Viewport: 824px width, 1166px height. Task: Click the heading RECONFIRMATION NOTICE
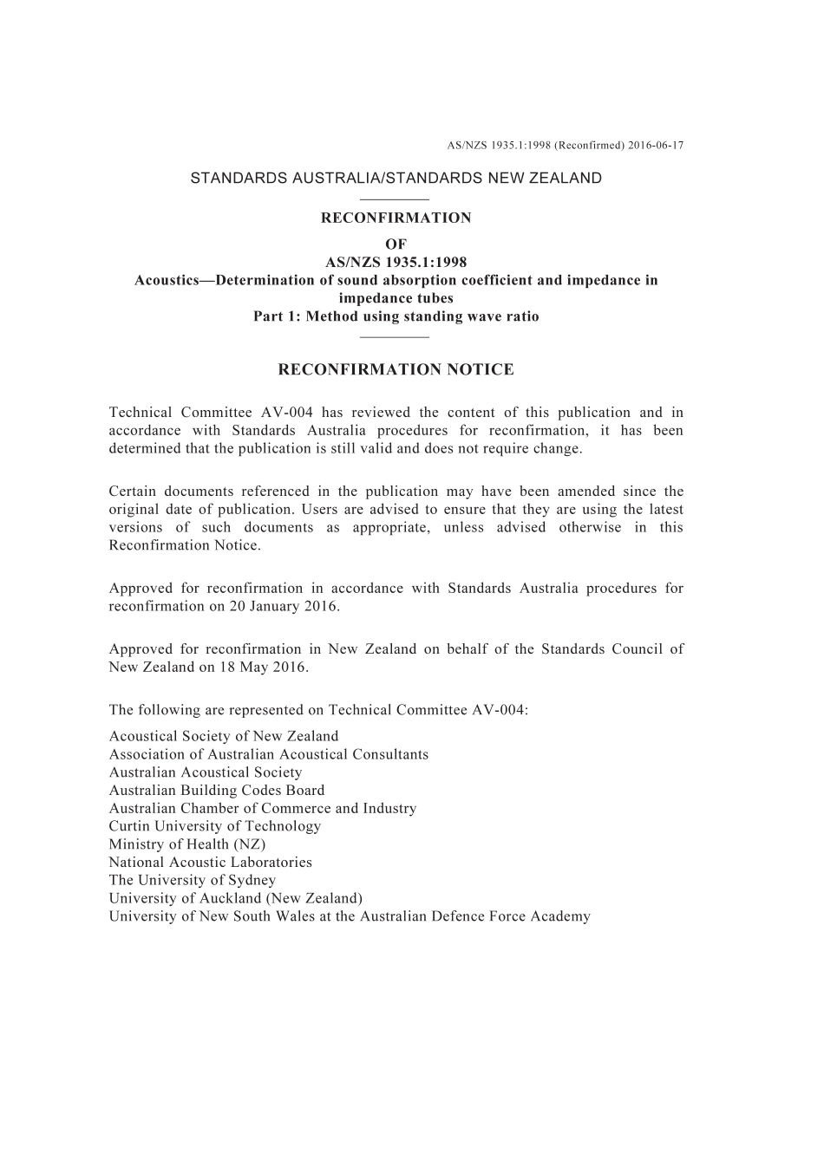tap(396, 370)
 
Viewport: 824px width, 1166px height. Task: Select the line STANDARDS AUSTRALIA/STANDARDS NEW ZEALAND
tap(396, 179)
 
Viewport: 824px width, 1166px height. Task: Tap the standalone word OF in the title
tap(396, 244)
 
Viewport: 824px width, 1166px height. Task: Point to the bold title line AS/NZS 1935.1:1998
tap(396, 263)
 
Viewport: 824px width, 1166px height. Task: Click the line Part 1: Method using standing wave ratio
tap(396, 316)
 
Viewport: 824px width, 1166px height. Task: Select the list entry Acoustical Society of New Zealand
tap(224, 737)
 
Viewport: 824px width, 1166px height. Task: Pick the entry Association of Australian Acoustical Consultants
tap(269, 754)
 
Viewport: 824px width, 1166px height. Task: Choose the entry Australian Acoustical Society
tap(206, 772)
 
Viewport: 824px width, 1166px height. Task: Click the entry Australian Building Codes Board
tap(217, 791)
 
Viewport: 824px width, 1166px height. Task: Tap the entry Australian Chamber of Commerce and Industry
tap(263, 809)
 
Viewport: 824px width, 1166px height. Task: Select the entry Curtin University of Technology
tap(215, 826)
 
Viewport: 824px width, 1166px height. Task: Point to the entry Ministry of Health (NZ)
tap(187, 844)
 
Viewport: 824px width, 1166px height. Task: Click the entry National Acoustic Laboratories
tap(211, 863)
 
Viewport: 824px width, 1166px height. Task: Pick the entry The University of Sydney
tap(193, 880)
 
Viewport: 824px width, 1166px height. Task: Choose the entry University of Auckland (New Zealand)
tap(236, 898)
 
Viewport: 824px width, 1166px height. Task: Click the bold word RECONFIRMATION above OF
tap(396, 218)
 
